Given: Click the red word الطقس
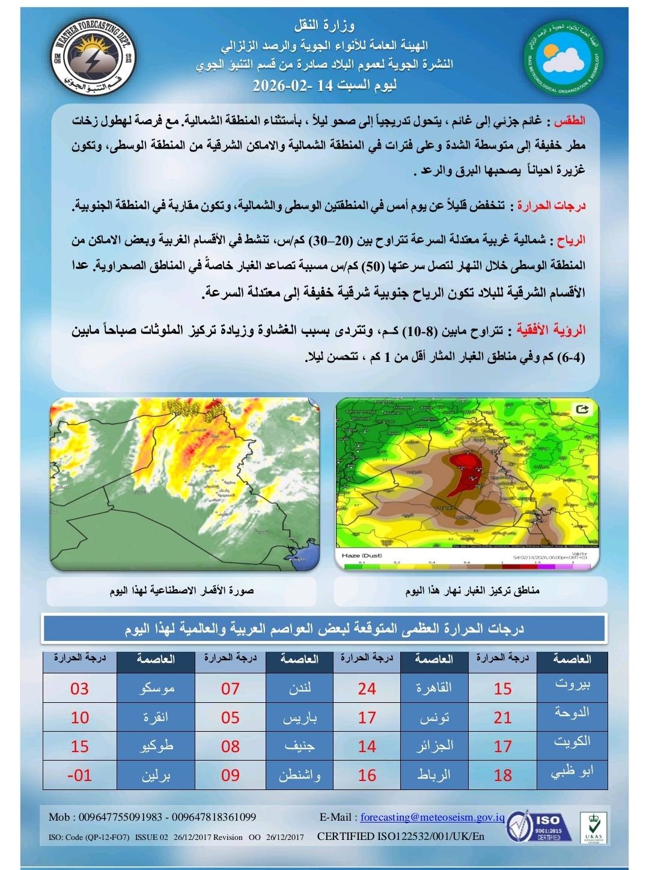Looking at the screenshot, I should [570, 121].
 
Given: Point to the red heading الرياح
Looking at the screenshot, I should [571, 240].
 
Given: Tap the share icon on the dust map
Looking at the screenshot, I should [581, 410].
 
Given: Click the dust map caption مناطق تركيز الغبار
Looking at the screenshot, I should [472, 591].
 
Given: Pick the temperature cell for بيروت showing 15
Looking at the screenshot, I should [502, 688].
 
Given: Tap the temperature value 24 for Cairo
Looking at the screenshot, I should [367, 688].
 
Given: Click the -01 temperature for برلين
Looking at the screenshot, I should [79, 775].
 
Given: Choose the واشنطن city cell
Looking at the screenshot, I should [299, 775].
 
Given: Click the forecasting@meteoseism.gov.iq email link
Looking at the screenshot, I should [432, 817].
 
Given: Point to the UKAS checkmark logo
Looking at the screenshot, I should [593, 826].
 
